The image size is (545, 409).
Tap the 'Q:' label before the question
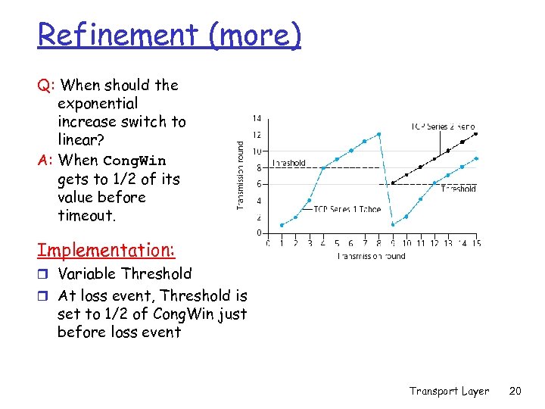coord(45,86)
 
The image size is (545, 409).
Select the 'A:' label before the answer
coord(45,160)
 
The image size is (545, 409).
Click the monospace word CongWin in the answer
coord(134,161)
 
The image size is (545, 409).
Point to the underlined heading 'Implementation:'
coord(106,250)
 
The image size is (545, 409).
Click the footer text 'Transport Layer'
coord(450,391)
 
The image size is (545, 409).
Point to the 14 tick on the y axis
coord(257,118)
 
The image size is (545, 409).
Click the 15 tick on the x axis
coord(475,243)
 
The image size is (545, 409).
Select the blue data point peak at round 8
coord(378,134)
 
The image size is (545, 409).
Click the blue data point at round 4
coord(322,167)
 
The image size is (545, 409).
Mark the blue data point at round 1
coord(282,225)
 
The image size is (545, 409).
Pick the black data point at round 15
coord(475,134)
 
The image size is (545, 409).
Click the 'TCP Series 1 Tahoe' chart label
coord(347,209)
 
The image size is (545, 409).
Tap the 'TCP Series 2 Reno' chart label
coord(443,126)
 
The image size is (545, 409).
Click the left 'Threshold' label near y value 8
coord(288,163)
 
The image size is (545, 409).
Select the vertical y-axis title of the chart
coord(241,176)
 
